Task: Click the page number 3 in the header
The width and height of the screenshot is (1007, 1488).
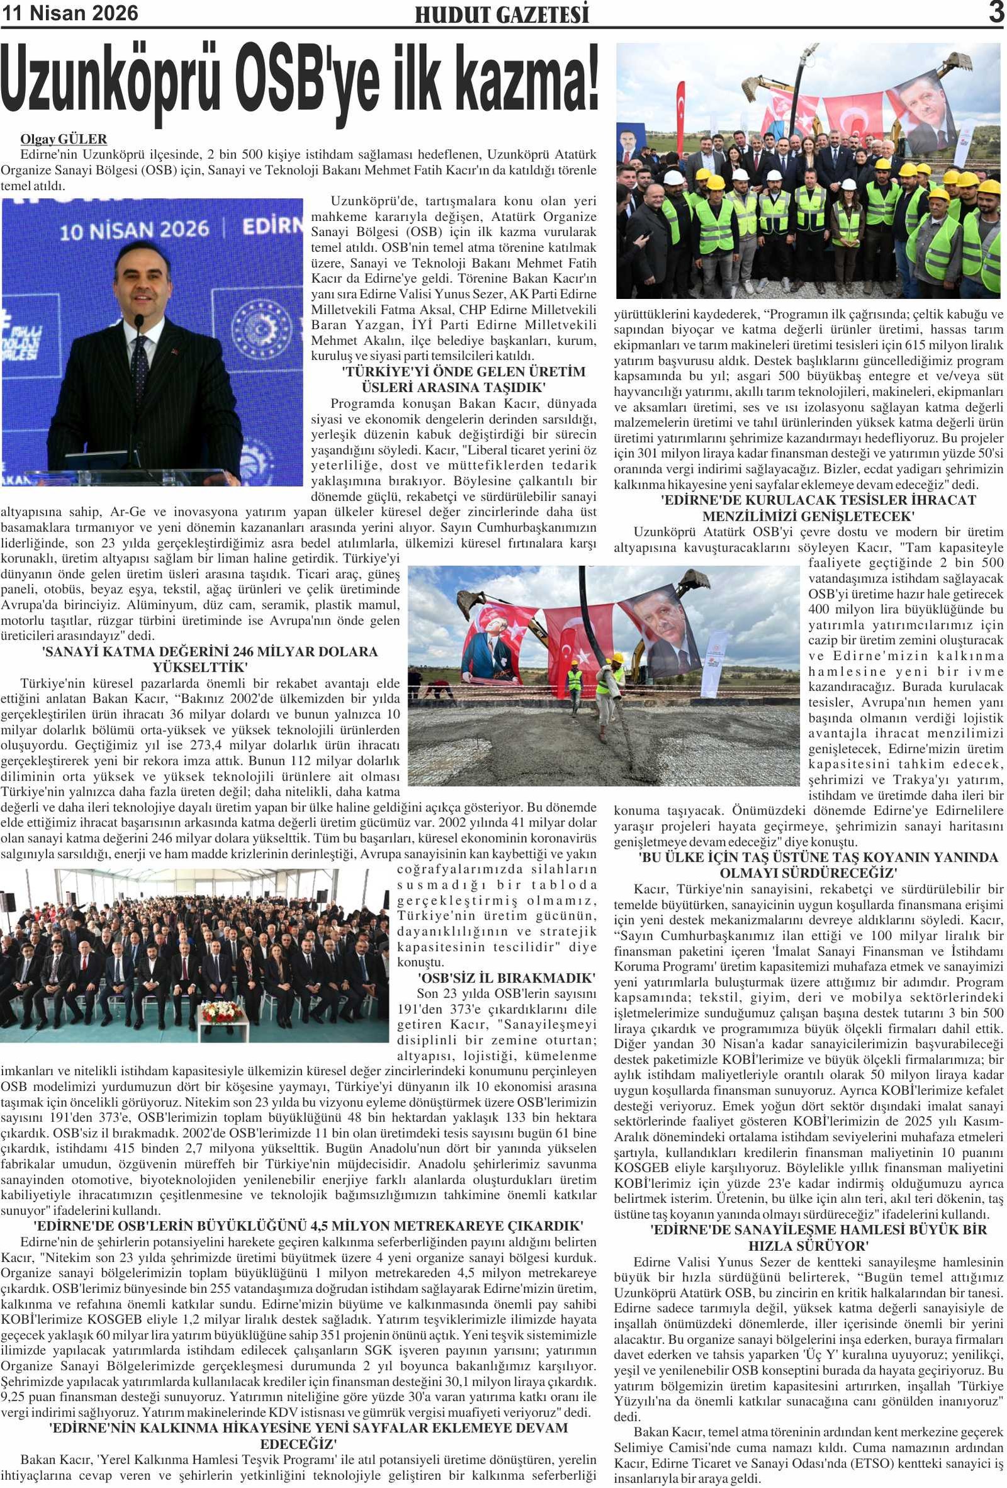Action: coord(996,12)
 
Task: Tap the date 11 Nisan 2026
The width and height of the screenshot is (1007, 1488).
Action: coord(70,13)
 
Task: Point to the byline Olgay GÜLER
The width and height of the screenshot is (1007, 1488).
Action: coord(64,139)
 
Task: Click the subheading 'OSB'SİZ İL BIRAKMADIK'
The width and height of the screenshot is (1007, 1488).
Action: coord(506,978)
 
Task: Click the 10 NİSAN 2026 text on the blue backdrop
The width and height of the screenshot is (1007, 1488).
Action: coord(135,230)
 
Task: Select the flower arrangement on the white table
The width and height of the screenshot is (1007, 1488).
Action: coord(222,1013)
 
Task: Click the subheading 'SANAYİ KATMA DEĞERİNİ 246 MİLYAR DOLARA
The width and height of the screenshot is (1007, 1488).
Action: coord(211,652)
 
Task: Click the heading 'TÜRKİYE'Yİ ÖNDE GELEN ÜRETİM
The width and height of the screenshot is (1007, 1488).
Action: coord(463,372)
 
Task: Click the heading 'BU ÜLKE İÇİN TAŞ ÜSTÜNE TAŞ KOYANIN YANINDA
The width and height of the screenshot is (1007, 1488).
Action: coord(818,857)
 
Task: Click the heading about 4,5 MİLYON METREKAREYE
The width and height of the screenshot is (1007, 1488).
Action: coord(307,1226)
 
